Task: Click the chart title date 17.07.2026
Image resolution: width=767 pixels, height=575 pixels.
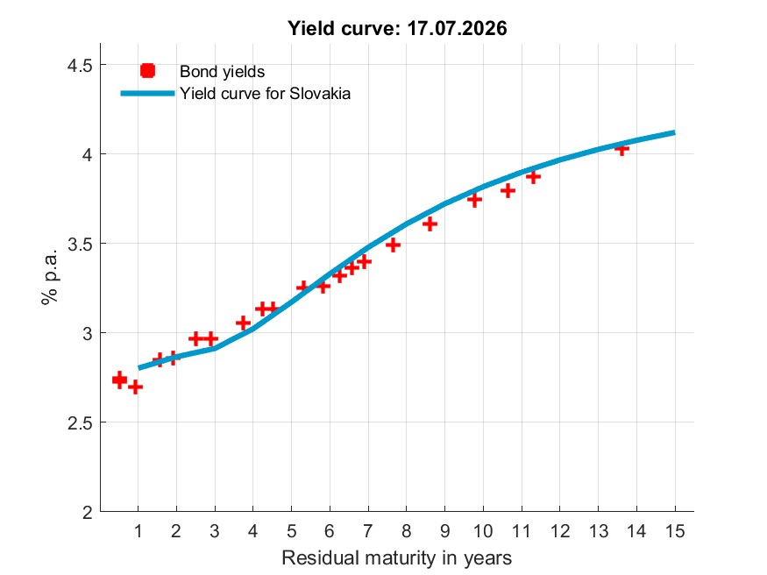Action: tap(457, 28)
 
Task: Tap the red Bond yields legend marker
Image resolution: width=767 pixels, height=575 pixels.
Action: tap(148, 71)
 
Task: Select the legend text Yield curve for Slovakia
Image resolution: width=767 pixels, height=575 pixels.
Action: tap(265, 94)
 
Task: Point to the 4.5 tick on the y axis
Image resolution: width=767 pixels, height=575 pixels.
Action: tap(80, 65)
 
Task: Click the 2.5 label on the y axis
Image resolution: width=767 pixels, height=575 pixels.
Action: tap(80, 423)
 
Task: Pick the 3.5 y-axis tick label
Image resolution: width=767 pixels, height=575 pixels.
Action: tap(80, 244)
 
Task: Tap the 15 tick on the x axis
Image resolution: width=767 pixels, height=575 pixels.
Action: tap(675, 531)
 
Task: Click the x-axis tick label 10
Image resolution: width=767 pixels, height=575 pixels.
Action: tap(483, 531)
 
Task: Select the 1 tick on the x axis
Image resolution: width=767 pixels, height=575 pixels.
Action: tap(138, 531)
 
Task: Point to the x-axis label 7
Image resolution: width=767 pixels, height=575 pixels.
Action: tap(368, 531)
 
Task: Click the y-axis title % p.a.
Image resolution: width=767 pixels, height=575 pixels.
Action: tap(49, 277)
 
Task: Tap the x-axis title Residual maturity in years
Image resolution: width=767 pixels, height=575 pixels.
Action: tap(397, 557)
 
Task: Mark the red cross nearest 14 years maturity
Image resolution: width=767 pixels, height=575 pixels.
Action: tap(621, 148)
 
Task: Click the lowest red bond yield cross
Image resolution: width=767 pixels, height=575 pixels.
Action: tap(136, 387)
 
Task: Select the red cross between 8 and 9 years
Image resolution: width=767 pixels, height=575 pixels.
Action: tap(430, 224)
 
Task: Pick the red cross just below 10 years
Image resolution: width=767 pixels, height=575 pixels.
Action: tap(474, 200)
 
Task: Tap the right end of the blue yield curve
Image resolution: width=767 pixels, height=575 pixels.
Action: tap(675, 132)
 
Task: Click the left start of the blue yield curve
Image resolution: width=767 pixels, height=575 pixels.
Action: tap(138, 367)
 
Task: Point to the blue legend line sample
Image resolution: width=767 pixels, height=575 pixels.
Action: tap(147, 94)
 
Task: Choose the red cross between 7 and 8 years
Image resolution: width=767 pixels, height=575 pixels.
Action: tap(393, 245)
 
